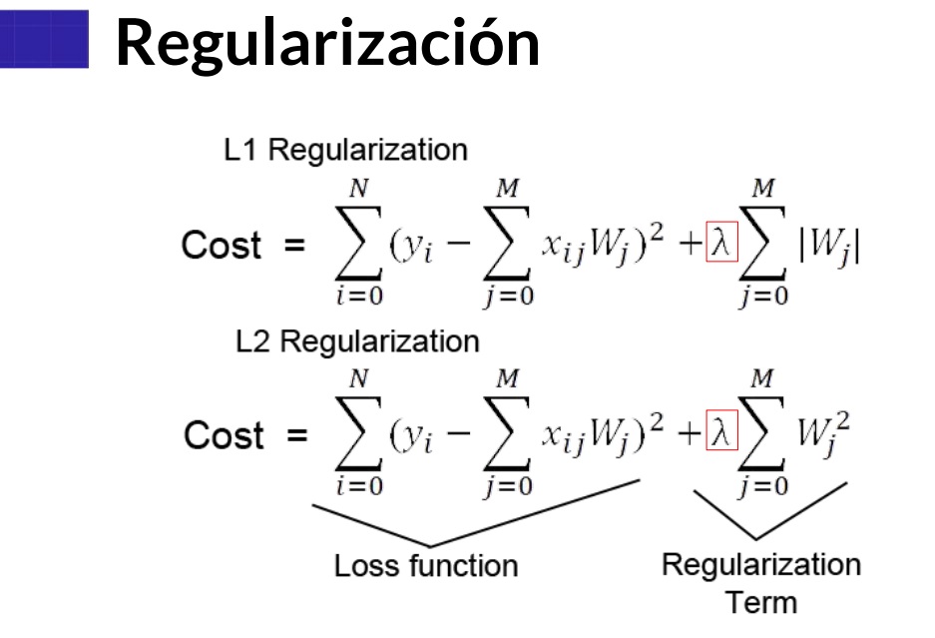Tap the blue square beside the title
pyautogui.click(x=44, y=40)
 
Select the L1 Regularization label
pyautogui.click(x=345, y=151)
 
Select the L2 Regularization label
pyautogui.click(x=357, y=341)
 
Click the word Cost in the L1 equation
pyautogui.click(x=222, y=247)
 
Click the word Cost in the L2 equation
pyautogui.click(x=224, y=436)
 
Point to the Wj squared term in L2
pyautogui.click(x=824, y=434)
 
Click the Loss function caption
pyautogui.click(x=426, y=566)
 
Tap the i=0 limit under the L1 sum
pyautogui.click(x=357, y=297)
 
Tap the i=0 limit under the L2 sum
pyautogui.click(x=357, y=486)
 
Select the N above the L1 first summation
pyautogui.click(x=358, y=188)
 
